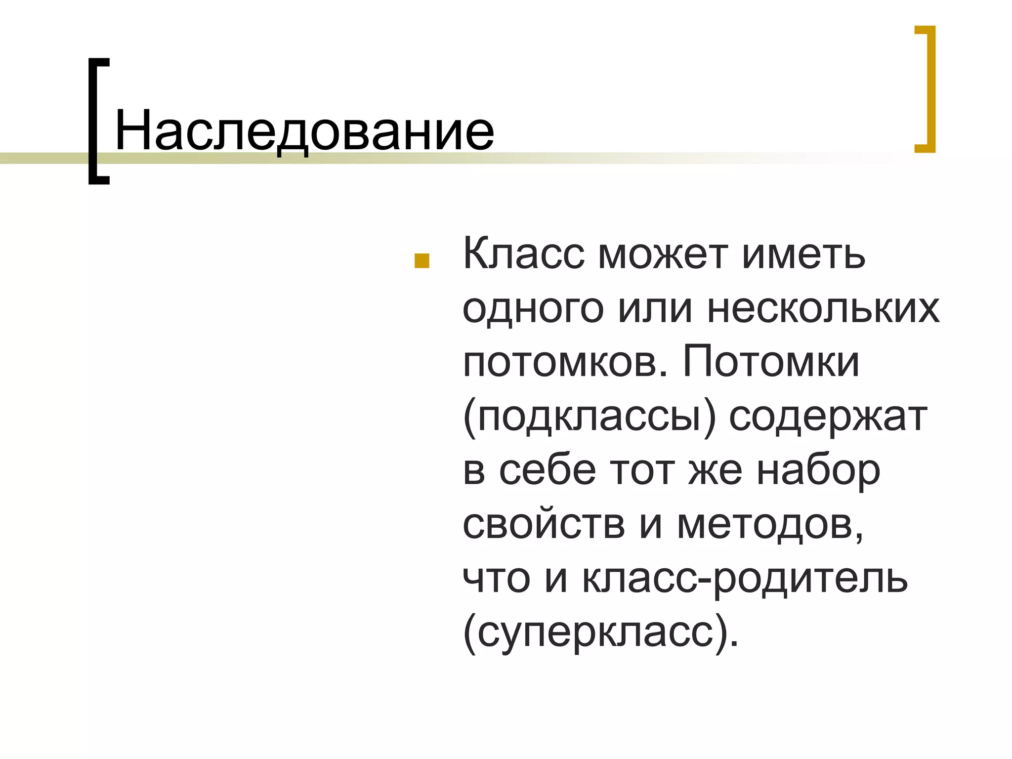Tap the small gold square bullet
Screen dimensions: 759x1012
coord(422,261)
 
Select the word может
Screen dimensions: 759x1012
coord(663,255)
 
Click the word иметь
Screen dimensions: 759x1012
coord(803,255)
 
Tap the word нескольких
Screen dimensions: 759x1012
coord(823,309)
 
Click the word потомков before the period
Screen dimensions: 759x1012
coord(561,363)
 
